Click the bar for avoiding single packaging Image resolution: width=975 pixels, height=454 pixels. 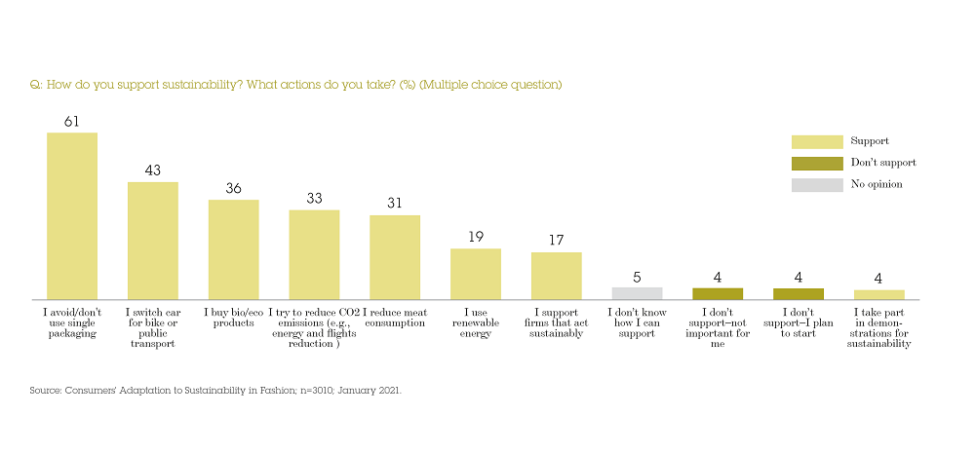click(72, 215)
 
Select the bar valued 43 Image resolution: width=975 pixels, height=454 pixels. click(153, 241)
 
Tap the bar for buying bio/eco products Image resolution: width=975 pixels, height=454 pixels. click(233, 249)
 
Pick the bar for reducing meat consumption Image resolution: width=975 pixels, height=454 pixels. click(395, 257)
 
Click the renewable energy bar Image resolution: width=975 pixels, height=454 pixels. click(475, 274)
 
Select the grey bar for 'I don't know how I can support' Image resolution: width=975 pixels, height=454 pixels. click(637, 293)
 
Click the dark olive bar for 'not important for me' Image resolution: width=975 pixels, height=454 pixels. click(718, 294)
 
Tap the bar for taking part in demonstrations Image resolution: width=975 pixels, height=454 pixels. click(878, 294)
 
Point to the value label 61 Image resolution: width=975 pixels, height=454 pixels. click(72, 122)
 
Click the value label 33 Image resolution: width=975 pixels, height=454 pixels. click(314, 199)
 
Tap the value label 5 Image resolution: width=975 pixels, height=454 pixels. click(637, 277)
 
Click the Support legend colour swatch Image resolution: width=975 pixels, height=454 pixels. click(816, 142)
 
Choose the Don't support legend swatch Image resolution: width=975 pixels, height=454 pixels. click(816, 164)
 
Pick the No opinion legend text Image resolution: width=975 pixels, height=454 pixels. click(877, 184)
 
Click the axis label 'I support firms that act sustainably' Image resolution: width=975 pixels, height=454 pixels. click(556, 323)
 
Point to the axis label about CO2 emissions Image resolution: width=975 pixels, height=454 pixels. click(314, 328)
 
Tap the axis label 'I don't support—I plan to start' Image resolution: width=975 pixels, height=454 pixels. click(798, 328)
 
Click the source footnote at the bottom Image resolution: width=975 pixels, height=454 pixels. click(215, 390)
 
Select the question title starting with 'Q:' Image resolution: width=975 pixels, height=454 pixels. click(296, 85)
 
